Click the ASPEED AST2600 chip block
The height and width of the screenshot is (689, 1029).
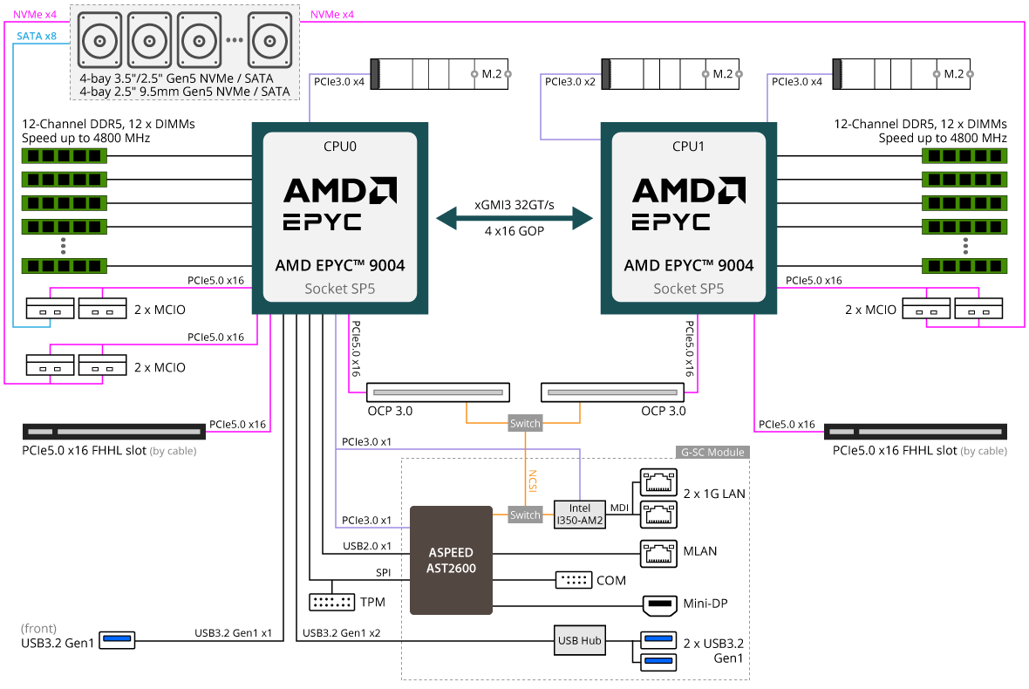[x=451, y=559]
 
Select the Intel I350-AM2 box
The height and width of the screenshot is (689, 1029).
[x=579, y=514]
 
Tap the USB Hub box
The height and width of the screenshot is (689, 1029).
[x=579, y=640]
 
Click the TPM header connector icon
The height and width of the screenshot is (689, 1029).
[x=331, y=602]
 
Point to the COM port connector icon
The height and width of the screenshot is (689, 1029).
[x=573, y=580]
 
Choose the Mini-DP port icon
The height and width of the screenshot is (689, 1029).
[x=658, y=604]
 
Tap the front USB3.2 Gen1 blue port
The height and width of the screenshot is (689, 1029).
[x=118, y=640]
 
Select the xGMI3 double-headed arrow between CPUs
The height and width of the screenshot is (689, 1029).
[x=514, y=217]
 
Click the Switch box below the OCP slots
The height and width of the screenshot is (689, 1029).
[x=525, y=423]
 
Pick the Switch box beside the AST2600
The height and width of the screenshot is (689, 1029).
[x=525, y=515]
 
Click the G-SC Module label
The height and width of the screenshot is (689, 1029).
[x=712, y=452]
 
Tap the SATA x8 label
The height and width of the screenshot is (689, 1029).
[x=37, y=36]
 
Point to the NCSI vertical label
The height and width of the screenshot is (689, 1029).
[x=532, y=481]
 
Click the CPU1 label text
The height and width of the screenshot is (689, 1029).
[x=688, y=146]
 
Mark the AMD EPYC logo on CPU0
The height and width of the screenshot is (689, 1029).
[x=339, y=202]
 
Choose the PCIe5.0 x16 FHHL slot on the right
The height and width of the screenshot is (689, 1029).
[x=915, y=432]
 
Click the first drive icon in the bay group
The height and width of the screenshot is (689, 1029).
[x=99, y=41]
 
